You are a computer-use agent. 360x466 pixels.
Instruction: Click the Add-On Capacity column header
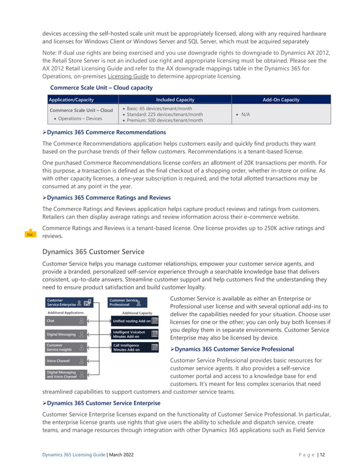click(x=281, y=99)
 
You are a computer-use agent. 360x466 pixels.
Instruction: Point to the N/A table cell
click(x=244, y=114)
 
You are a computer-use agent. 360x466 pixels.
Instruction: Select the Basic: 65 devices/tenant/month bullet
click(x=160, y=108)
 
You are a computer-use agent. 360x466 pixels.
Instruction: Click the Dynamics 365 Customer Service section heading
click(x=93, y=251)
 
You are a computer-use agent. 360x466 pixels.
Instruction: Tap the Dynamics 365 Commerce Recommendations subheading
click(x=106, y=132)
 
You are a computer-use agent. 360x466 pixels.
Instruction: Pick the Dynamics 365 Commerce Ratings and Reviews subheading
click(x=108, y=197)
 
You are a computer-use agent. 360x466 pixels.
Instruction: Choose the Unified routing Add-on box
click(x=131, y=320)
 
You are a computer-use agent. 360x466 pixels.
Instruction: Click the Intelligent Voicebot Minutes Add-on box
click(x=131, y=334)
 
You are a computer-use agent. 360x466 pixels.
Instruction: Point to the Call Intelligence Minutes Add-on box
click(x=131, y=348)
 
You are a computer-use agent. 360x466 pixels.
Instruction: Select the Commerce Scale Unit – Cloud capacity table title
click(x=101, y=88)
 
